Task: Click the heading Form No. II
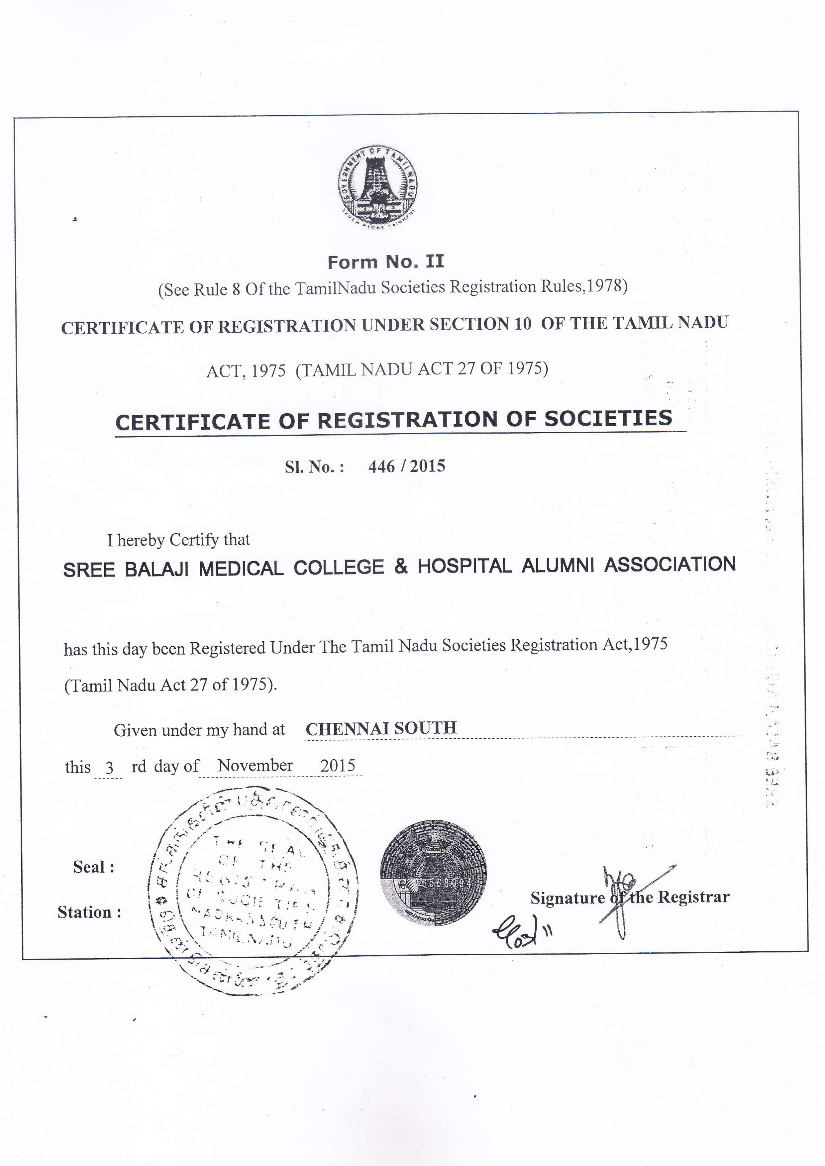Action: pos(385,262)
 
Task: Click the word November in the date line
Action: pos(255,765)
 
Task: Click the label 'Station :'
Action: pos(89,912)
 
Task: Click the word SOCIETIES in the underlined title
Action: pos(608,419)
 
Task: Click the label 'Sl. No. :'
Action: pos(314,467)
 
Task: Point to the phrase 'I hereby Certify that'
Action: pos(178,540)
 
